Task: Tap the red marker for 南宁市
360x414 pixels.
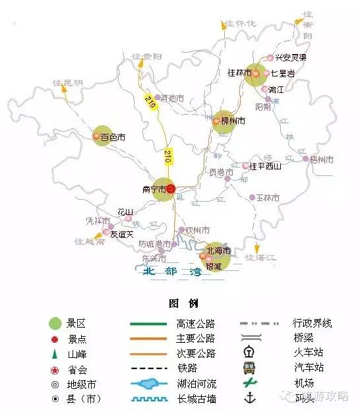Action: coord(170,189)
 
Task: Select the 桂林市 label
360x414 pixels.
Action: coord(239,73)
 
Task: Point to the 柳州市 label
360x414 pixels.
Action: coord(233,121)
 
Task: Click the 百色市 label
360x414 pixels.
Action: coord(113,138)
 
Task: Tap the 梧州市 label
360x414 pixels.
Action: coord(322,160)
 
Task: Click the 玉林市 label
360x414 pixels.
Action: coord(268,198)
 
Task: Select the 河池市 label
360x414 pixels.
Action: coord(173,98)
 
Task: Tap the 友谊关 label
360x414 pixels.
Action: coord(121,233)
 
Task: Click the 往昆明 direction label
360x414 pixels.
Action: coord(68,83)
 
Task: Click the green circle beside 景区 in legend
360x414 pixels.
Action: coord(56,323)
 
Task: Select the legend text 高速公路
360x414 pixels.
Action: coord(195,323)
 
